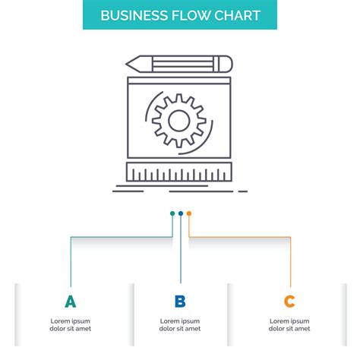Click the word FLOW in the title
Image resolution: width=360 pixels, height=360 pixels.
(x=188, y=15)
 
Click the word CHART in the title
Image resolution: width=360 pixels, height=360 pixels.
(x=235, y=15)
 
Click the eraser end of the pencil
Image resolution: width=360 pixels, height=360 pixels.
(x=227, y=62)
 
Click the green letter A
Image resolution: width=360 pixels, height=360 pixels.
(x=71, y=302)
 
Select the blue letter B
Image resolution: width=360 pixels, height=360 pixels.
(x=180, y=302)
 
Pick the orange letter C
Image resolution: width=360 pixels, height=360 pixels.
(x=289, y=302)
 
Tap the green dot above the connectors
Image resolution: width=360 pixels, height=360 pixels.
(x=172, y=213)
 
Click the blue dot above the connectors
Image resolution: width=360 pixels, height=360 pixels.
(x=180, y=213)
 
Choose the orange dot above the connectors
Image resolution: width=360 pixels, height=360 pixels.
(x=188, y=213)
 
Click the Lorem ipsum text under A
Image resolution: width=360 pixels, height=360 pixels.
(x=71, y=324)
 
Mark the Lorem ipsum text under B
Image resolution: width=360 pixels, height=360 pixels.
(x=180, y=324)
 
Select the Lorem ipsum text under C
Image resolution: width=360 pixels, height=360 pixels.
(x=289, y=324)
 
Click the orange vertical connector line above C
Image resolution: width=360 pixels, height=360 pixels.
(x=290, y=262)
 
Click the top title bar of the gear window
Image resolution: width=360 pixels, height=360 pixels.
(x=180, y=78)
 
